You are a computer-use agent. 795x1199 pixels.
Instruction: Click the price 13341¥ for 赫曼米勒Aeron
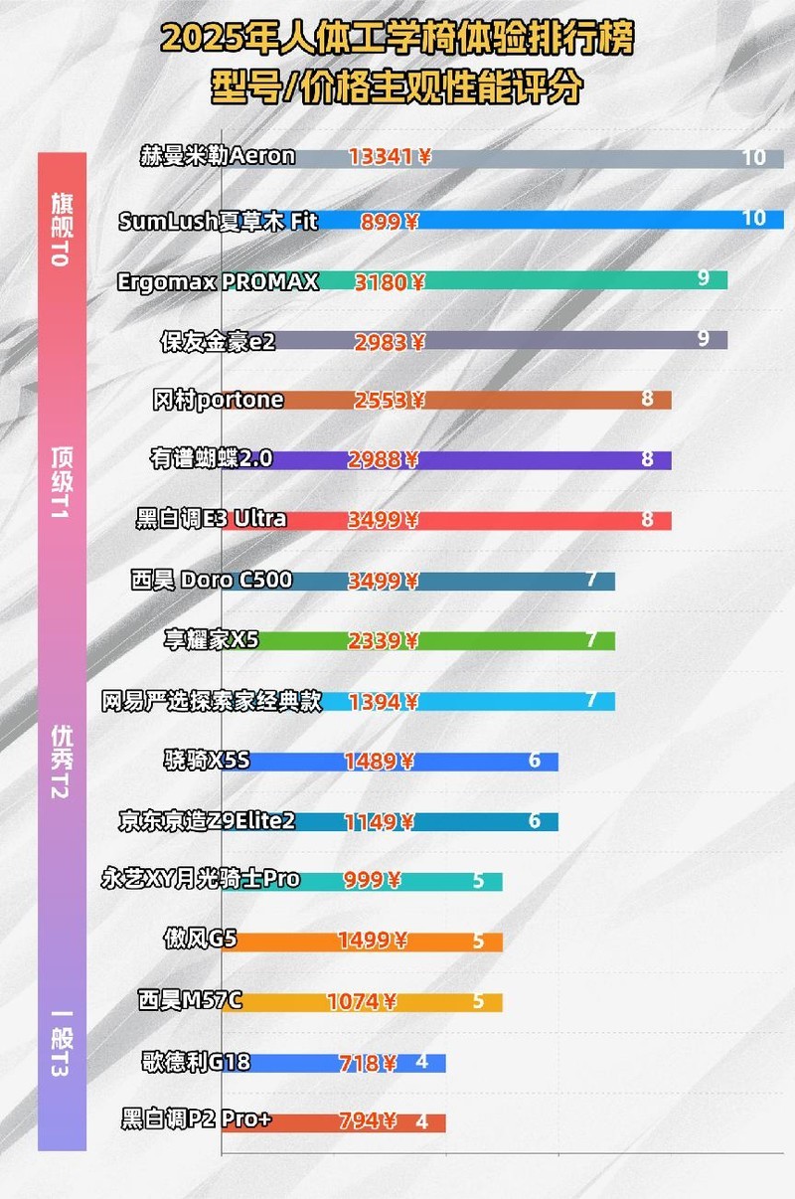390,157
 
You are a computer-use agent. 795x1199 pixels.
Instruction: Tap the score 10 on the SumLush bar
753,218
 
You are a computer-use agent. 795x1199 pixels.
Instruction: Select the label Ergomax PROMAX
218,281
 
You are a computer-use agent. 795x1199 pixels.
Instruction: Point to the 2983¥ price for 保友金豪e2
390,342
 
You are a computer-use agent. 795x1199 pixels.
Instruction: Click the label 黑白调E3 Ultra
212,519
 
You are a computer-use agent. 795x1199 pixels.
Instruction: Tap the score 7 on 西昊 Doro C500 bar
591,580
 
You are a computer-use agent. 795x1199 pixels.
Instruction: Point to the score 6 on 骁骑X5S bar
535,762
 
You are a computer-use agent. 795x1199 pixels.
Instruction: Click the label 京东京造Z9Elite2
207,821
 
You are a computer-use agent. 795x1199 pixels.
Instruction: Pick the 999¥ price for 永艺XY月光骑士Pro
373,881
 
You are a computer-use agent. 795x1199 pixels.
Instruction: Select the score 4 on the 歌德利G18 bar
421,1062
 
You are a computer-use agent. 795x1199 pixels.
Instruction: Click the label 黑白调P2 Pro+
196,1120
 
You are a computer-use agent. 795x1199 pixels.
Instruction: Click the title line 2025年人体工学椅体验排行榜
397,41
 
